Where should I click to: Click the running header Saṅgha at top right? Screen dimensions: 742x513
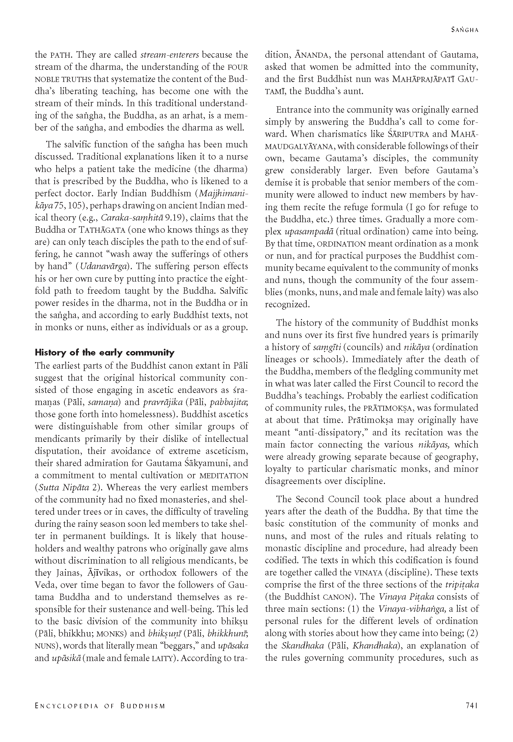pos(465,30)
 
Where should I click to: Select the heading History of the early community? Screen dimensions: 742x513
pos(105,353)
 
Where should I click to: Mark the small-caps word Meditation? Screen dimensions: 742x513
pos(223,476)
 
